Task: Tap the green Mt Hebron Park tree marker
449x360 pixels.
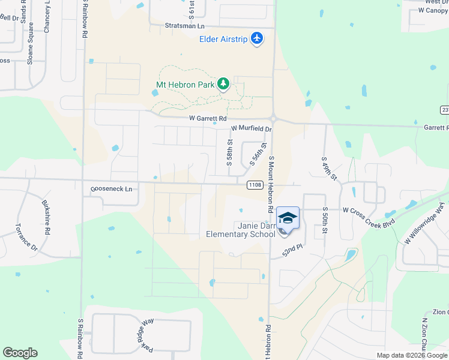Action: coord(223,84)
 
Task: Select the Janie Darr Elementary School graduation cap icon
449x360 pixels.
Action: coord(288,218)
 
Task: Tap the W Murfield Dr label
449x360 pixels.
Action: coord(252,129)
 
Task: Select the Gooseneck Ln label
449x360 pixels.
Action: coord(111,188)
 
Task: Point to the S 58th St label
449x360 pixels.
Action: coord(229,151)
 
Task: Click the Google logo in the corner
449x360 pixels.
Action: coord(20,353)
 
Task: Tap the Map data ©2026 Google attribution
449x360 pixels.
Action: coord(412,355)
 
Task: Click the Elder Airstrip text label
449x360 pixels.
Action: coord(224,40)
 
